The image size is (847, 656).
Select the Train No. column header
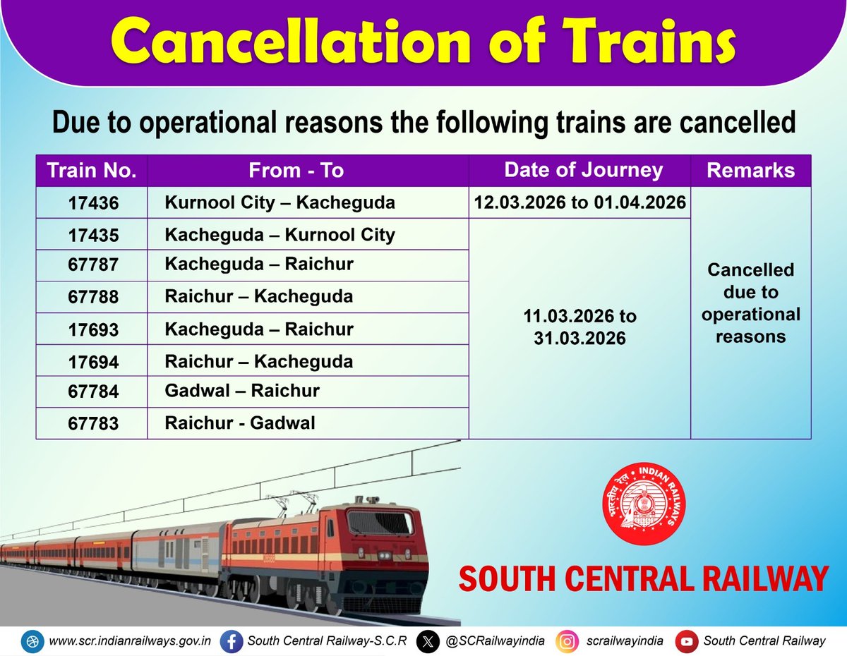point(92,171)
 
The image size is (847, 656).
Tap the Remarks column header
point(750,171)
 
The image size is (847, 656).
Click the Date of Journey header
point(583,170)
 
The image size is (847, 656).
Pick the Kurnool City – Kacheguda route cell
point(280,203)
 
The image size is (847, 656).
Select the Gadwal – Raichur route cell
point(242,391)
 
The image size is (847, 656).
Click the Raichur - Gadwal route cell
point(240,423)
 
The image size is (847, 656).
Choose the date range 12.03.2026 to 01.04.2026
point(580,203)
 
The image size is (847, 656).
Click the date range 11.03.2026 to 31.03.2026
point(580,327)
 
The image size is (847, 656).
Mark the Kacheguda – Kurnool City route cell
point(280,235)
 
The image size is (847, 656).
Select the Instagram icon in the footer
point(566,641)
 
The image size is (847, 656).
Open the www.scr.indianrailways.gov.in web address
point(131,641)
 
